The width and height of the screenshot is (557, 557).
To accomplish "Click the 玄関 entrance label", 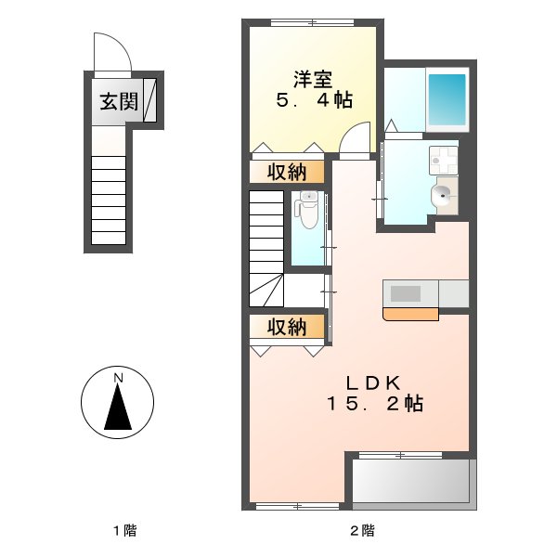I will [x=119, y=101].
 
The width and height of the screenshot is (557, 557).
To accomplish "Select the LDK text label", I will [x=373, y=382].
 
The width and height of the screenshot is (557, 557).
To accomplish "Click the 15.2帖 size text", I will [x=375, y=404].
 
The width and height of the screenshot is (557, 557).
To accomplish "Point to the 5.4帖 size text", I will [x=314, y=100].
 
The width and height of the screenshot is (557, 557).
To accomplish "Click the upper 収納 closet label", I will [x=288, y=172].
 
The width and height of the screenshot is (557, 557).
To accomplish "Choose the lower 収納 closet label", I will [x=288, y=327].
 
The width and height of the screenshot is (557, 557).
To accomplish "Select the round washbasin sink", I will [x=441, y=195].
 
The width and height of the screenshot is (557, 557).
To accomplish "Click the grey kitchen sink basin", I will [x=405, y=293].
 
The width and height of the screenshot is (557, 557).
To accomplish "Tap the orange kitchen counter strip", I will [x=410, y=314].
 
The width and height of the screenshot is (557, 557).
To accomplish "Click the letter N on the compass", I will [x=118, y=378].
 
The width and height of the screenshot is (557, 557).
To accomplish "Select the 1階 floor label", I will [x=124, y=531].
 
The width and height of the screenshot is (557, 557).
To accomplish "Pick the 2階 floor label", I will [x=362, y=531].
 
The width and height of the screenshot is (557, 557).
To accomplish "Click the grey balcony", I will [x=411, y=483].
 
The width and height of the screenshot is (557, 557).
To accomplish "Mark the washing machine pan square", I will [x=444, y=160].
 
